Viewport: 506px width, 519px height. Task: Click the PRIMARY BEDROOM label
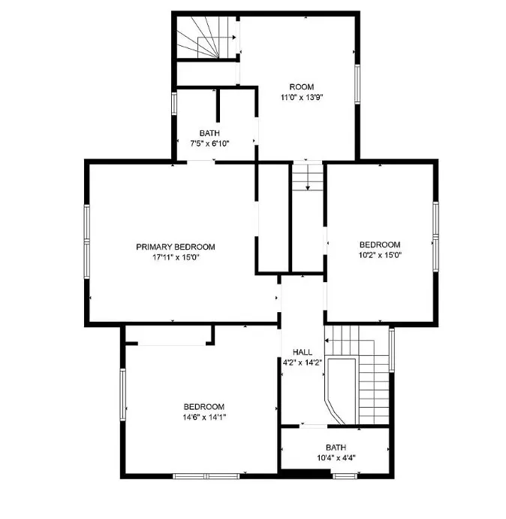(176, 247)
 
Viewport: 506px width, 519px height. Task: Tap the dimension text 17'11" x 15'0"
(176, 257)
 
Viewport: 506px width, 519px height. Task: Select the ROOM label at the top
(302, 87)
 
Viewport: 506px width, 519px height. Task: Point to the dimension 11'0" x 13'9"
(302, 97)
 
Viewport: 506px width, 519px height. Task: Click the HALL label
(303, 352)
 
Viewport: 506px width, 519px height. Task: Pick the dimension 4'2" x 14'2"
(303, 363)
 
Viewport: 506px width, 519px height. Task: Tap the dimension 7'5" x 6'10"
(209, 144)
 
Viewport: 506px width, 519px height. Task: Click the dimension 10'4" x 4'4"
(336, 458)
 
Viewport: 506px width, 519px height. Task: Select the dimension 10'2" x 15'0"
(380, 255)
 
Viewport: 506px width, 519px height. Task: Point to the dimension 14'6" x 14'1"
(204, 417)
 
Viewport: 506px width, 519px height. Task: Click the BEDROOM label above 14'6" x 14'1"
(204, 407)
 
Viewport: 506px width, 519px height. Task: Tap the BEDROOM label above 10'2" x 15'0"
(380, 245)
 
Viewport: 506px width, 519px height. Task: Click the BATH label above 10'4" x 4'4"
(336, 448)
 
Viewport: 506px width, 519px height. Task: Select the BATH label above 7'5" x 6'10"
(209, 133)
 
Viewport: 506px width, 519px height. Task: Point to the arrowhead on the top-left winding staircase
(234, 38)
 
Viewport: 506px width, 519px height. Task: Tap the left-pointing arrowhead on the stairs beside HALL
(327, 340)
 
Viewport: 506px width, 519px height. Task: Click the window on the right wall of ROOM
(357, 84)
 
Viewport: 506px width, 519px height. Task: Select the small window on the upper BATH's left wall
(174, 104)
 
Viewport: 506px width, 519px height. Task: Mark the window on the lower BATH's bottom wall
(345, 476)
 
